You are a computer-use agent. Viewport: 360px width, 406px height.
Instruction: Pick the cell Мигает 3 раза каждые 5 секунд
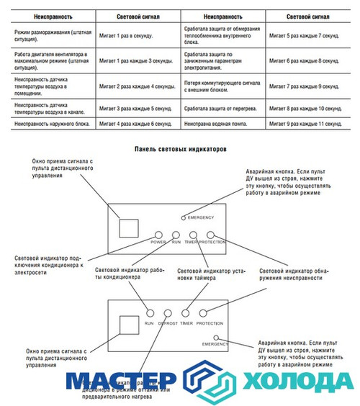coord(137,108)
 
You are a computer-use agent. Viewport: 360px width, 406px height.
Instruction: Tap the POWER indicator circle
coord(158,235)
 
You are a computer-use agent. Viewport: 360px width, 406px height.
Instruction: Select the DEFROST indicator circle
coord(167,313)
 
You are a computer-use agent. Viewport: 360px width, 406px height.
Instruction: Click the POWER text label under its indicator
coord(158,243)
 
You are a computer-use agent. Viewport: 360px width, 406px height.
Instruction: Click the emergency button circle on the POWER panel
coord(184,217)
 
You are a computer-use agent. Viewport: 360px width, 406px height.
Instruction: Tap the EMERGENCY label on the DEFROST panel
coord(215,346)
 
